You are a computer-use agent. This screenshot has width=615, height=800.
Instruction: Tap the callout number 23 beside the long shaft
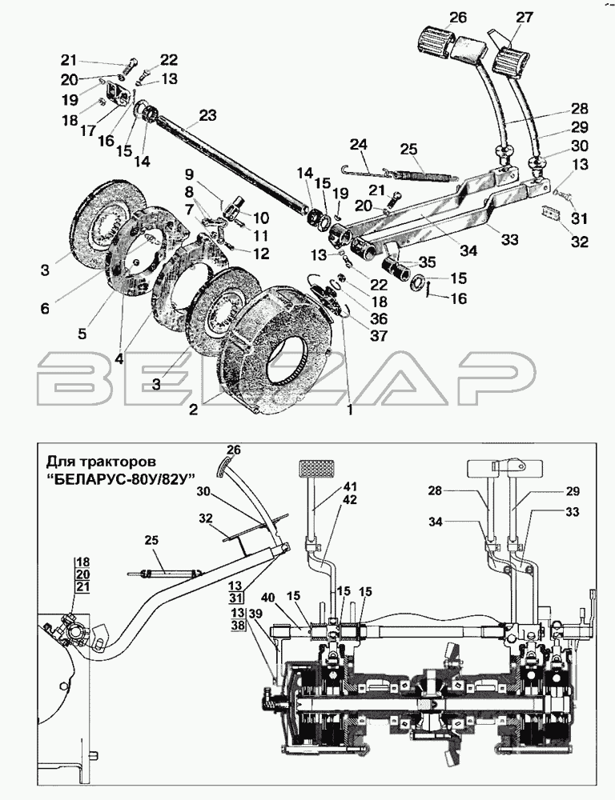coord(207,115)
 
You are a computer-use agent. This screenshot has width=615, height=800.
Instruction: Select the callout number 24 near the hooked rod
coord(359,146)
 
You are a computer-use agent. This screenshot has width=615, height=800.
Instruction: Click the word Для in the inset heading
coord(58,462)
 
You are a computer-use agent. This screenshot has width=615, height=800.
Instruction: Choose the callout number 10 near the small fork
coord(262,218)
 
